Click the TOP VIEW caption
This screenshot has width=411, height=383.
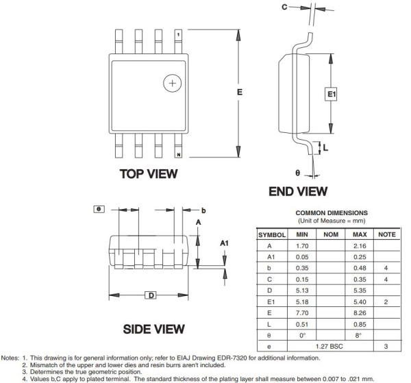pyautogui.click(x=147, y=174)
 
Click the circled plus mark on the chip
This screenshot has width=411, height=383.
pyautogui.click(x=172, y=84)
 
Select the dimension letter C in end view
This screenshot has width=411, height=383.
pyautogui.click(x=285, y=8)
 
